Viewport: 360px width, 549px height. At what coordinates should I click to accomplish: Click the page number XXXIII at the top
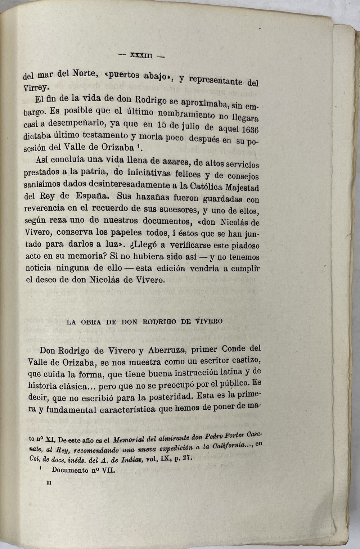pos(141,55)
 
